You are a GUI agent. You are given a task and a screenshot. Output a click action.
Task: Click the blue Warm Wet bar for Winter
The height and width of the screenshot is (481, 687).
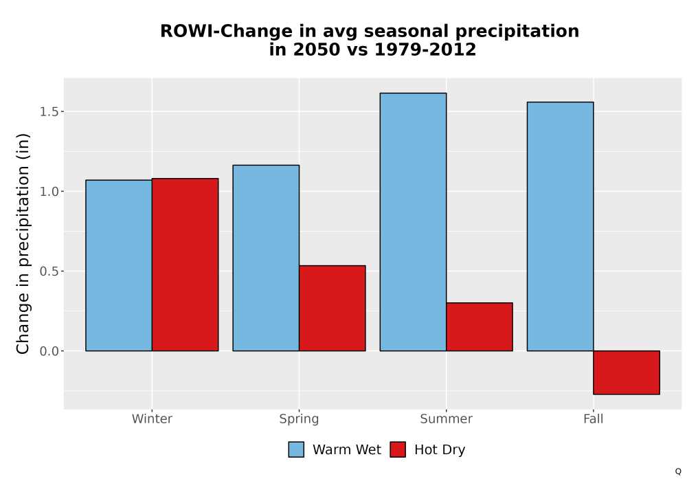(119, 265)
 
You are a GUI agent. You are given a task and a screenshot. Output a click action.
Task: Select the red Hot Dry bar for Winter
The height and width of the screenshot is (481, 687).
(185, 265)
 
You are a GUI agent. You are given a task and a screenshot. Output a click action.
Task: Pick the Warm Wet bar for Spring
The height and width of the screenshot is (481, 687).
(266, 258)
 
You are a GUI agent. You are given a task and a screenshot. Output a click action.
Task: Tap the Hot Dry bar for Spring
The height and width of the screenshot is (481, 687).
(333, 308)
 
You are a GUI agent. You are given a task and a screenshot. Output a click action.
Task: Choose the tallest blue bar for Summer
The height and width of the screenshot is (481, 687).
(413, 222)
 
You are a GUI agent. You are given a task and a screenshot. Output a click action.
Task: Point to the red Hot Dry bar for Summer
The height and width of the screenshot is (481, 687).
(480, 327)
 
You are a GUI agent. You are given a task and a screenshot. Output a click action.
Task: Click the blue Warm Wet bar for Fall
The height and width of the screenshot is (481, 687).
(561, 227)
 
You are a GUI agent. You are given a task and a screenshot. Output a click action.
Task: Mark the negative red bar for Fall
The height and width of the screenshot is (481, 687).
(627, 372)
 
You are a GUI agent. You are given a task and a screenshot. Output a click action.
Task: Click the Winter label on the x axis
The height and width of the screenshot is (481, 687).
(152, 418)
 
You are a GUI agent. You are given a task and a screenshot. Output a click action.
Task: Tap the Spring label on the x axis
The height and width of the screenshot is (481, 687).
(300, 419)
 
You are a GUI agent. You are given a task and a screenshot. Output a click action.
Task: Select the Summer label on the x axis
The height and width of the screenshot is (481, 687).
(447, 418)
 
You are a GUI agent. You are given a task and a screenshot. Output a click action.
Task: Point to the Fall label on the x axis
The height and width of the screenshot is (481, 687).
(594, 418)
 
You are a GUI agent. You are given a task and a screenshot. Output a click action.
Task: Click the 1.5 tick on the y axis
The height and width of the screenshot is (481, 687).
(49, 112)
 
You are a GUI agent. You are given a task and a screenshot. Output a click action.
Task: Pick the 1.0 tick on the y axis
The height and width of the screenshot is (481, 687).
(49, 192)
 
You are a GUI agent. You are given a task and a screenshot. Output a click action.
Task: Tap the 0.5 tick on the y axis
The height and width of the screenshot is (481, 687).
(49, 271)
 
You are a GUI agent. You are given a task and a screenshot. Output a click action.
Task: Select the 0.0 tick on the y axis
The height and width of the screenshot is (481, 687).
(49, 351)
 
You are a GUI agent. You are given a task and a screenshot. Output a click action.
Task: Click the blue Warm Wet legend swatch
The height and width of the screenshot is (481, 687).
(296, 449)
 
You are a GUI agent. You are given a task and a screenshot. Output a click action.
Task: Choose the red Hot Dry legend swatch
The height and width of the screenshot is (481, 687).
(398, 449)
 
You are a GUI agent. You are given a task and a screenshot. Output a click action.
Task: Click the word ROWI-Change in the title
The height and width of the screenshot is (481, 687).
(227, 32)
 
